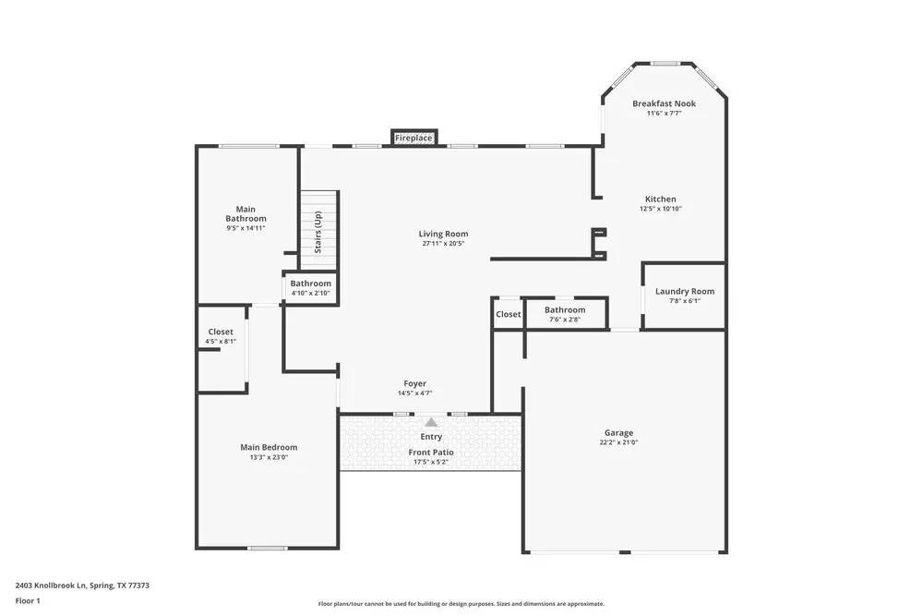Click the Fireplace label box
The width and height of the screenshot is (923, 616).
[x=414, y=138]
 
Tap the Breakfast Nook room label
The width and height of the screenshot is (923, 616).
[x=664, y=103]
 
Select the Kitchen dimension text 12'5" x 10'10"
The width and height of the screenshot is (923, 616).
[x=660, y=209]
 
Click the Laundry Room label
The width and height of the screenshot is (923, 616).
[x=684, y=291]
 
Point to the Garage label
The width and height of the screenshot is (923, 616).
[x=618, y=432]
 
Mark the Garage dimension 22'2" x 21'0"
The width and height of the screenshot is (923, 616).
[x=618, y=442]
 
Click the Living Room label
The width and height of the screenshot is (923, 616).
[x=443, y=234]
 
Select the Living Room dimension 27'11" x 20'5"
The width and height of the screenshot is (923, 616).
[x=443, y=244]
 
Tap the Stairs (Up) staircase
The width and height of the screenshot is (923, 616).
[x=318, y=224]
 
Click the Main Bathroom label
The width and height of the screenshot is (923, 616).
[x=246, y=213]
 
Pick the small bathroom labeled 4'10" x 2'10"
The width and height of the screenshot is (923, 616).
[x=310, y=287]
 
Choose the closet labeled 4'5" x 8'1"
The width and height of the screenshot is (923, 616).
[x=221, y=336]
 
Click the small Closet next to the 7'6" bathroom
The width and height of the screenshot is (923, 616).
[x=508, y=314]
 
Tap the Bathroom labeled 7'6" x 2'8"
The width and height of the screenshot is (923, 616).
[x=564, y=314]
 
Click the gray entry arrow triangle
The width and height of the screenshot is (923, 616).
[x=431, y=421]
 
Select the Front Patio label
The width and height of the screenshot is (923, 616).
[x=431, y=453]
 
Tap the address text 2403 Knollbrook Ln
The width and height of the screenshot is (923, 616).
[x=82, y=585]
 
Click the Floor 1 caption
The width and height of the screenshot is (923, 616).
[x=28, y=601]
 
